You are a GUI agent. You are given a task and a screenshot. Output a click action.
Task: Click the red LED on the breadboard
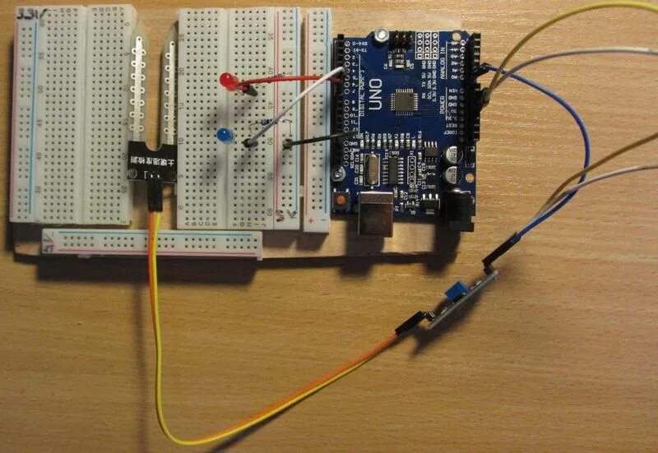coord(227,79)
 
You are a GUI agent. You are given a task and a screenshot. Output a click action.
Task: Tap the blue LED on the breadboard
coord(222,135)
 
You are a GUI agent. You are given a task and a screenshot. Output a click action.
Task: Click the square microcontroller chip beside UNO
coord(405,101)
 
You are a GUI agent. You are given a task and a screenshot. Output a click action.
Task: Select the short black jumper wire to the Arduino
coord(317,141)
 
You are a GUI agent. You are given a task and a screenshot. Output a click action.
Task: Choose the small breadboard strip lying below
coord(152,243)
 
